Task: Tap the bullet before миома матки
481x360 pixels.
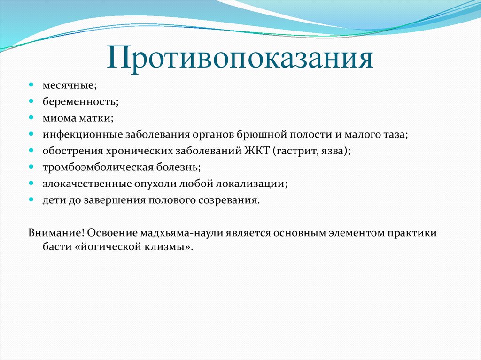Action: coord(31,117)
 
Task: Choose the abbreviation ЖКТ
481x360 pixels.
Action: coord(256,150)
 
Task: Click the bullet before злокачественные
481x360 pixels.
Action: coord(31,183)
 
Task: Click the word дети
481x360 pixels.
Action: coord(53,199)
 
